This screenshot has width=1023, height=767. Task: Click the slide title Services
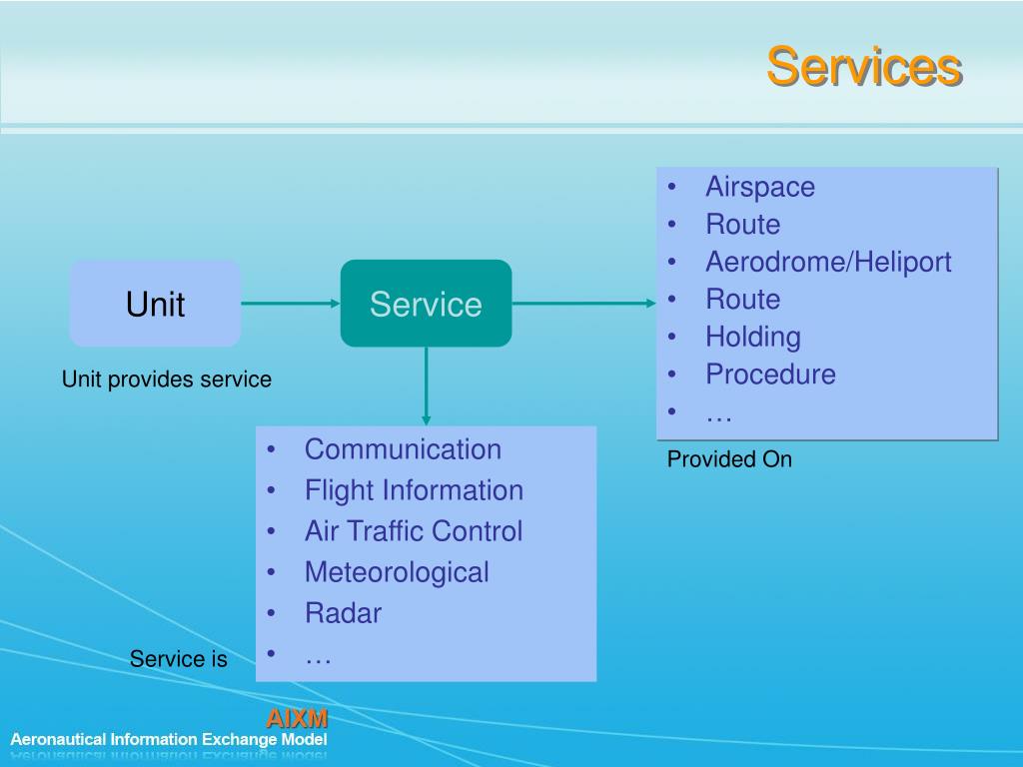pyautogui.click(x=863, y=67)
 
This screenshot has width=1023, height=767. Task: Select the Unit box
pyautogui.click(x=155, y=304)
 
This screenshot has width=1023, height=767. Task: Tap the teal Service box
pyautogui.click(x=426, y=304)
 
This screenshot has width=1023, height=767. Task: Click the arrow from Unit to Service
pyautogui.click(x=290, y=303)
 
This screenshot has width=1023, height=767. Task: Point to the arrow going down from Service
pyautogui.click(x=427, y=385)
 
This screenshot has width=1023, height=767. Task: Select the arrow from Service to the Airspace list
pyautogui.click(x=583, y=303)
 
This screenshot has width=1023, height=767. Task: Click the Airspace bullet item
pyautogui.click(x=759, y=187)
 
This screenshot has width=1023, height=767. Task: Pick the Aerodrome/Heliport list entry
pyautogui.click(x=827, y=262)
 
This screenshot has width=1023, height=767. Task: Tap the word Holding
pyautogui.click(x=752, y=337)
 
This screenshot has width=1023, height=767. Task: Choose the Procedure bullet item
pyautogui.click(x=770, y=375)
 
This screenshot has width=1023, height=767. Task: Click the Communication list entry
pyautogui.click(x=403, y=449)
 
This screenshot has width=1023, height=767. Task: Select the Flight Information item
pyautogui.click(x=414, y=490)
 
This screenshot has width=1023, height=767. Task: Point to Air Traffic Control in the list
pyautogui.click(x=413, y=531)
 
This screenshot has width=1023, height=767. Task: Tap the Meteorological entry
pyautogui.click(x=397, y=572)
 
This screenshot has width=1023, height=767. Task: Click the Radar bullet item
pyautogui.click(x=343, y=613)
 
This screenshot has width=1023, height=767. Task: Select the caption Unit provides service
pyautogui.click(x=167, y=380)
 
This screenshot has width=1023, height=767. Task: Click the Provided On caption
pyautogui.click(x=729, y=459)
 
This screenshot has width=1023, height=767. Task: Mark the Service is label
pyautogui.click(x=178, y=659)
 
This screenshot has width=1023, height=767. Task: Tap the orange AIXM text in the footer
pyautogui.click(x=296, y=718)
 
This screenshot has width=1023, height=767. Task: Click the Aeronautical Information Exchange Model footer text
pyautogui.click(x=169, y=740)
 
